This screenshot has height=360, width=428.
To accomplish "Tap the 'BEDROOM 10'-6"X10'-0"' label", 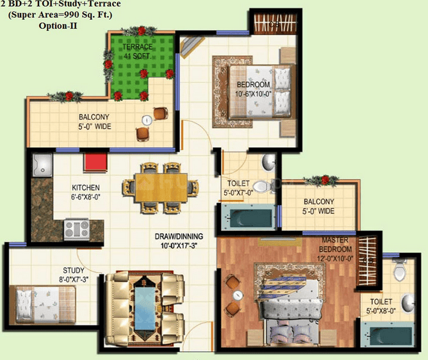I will (254, 90).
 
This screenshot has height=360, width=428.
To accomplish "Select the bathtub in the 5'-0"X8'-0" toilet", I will (391, 334).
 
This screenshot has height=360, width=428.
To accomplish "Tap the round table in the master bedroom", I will (238, 295).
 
